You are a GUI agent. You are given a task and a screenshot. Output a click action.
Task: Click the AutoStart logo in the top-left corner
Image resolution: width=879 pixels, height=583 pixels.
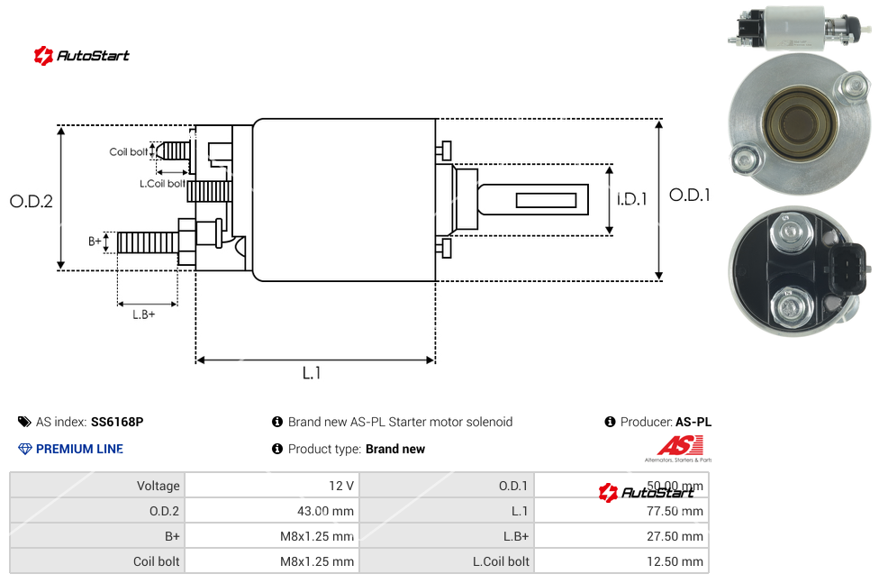pos(81,56)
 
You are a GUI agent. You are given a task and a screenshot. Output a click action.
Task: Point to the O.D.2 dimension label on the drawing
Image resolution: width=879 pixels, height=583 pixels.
pos(32,202)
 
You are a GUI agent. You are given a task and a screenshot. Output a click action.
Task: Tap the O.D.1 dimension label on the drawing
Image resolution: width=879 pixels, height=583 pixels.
pos(689,195)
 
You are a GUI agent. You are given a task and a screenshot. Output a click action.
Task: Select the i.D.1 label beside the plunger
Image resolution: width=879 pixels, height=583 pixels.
pos(631,199)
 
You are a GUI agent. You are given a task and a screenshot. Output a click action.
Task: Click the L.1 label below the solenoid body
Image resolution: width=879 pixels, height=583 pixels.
pos(312,373)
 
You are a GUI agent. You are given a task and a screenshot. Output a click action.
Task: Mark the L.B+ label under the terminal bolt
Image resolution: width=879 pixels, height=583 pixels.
pos(144,314)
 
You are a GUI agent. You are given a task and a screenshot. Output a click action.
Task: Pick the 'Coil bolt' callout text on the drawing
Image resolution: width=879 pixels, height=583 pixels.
pos(129,152)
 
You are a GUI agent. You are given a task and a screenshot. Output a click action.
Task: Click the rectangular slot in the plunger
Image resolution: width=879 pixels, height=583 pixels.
pos(547,199)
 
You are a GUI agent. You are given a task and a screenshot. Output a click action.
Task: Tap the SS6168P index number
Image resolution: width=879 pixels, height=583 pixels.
pos(117,422)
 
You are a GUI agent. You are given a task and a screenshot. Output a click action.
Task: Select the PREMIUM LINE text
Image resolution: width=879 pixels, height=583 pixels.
pos(79,449)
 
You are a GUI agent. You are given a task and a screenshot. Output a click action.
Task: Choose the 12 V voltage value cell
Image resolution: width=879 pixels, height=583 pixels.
pos(341,486)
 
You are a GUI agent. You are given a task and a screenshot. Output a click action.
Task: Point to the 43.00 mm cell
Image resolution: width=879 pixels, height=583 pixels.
pos(327,511)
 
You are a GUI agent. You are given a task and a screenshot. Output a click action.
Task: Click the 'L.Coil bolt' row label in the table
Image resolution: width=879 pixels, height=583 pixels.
pos(501,561)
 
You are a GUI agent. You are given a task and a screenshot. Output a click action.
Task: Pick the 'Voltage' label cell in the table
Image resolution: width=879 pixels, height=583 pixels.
pos(158,486)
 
